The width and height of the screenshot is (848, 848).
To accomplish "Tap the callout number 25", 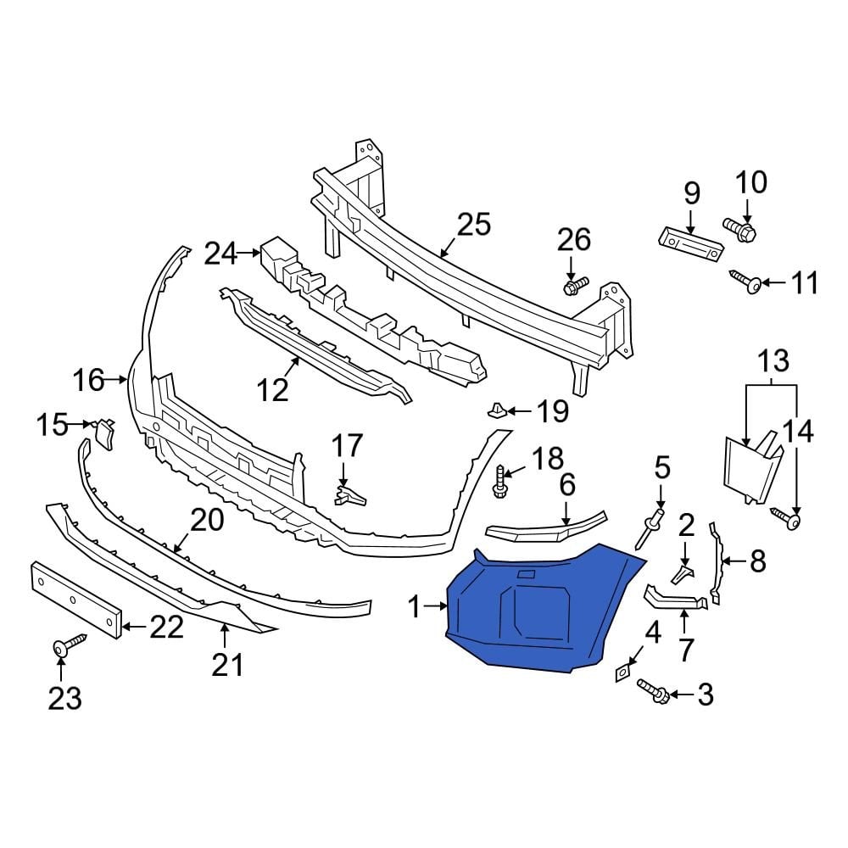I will point(473,226).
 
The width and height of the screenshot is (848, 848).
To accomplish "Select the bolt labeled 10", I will point(740,226).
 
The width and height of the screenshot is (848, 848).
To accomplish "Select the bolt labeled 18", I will point(500,483).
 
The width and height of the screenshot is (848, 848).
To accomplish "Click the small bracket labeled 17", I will point(350,494).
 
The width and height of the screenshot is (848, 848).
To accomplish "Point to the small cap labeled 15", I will point(104,432).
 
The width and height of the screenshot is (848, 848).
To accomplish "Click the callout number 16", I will point(88,380).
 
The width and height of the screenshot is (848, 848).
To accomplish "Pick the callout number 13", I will point(772,360).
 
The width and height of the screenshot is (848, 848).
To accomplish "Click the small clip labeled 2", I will point(683,575).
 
